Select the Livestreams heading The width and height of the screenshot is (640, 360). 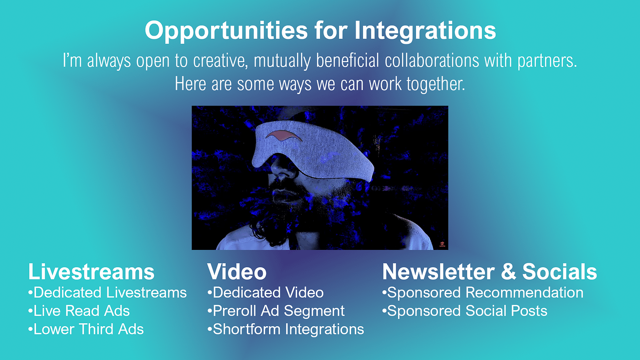coord(91,271)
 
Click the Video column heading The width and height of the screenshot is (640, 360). coord(237,271)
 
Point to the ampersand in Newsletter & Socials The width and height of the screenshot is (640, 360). coord(508,271)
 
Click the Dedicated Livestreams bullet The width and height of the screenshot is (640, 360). coord(107,292)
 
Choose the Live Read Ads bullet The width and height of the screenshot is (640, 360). coord(79,311)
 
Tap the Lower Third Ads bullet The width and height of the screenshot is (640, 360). coord(86,329)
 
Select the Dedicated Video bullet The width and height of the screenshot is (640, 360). coord(266,292)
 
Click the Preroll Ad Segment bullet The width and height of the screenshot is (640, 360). coord(276,311)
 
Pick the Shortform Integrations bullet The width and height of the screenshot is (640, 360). coord(286,329)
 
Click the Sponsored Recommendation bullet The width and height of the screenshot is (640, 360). coord(483,292)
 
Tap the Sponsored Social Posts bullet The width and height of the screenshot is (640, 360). coord(464,311)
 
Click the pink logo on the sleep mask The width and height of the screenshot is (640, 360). coord(283,136)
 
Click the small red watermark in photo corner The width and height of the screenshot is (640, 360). coord(442,244)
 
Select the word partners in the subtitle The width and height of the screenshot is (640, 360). coord(547,61)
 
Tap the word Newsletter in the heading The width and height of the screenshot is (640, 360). coord(438,271)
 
